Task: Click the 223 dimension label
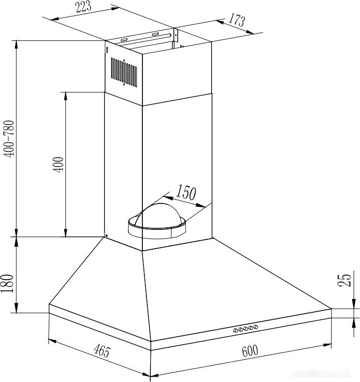[x=83, y=6]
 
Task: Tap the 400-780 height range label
[x=9, y=139]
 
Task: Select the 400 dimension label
[x=58, y=165]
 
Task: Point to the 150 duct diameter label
[x=186, y=192]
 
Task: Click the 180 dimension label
[x=7, y=284]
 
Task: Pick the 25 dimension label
[x=345, y=280]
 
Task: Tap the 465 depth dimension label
[x=103, y=351]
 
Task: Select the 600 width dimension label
[x=250, y=351]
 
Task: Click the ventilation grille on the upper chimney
[x=124, y=72]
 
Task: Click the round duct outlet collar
[x=157, y=229]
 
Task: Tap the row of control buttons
[x=245, y=328]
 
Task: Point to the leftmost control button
[x=236, y=330]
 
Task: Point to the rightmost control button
[x=255, y=327]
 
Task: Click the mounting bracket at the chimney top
[x=146, y=38]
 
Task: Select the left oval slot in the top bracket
[x=123, y=40]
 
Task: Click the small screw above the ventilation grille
[x=107, y=50]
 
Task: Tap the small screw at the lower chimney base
[x=106, y=235]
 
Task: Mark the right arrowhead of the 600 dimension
[x=327, y=345]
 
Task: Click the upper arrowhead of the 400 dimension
[x=65, y=95]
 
